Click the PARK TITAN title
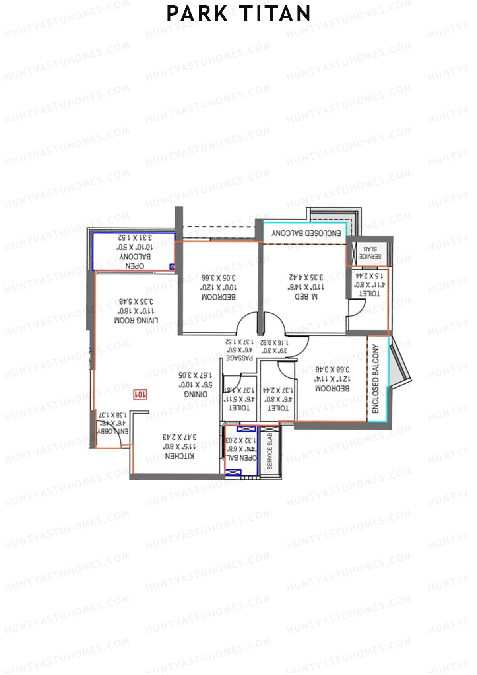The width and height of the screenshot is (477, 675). (238, 14)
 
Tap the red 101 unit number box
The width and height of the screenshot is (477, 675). (140, 394)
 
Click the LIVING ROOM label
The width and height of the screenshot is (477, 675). (136, 321)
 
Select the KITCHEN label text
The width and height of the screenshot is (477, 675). (179, 456)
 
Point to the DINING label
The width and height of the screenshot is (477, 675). (195, 394)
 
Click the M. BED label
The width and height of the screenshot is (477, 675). (306, 296)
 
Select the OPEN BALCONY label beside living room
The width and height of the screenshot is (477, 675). (135, 261)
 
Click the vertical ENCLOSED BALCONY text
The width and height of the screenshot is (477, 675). (376, 379)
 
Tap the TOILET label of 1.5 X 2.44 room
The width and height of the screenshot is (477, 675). (369, 294)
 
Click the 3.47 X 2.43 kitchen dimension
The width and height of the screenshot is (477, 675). (180, 437)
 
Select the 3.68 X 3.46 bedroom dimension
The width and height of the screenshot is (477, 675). (332, 369)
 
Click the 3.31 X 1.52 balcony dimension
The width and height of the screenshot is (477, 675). (135, 238)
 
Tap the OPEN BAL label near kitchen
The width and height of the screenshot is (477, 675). (241, 458)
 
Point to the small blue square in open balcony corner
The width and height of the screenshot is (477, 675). (172, 266)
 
